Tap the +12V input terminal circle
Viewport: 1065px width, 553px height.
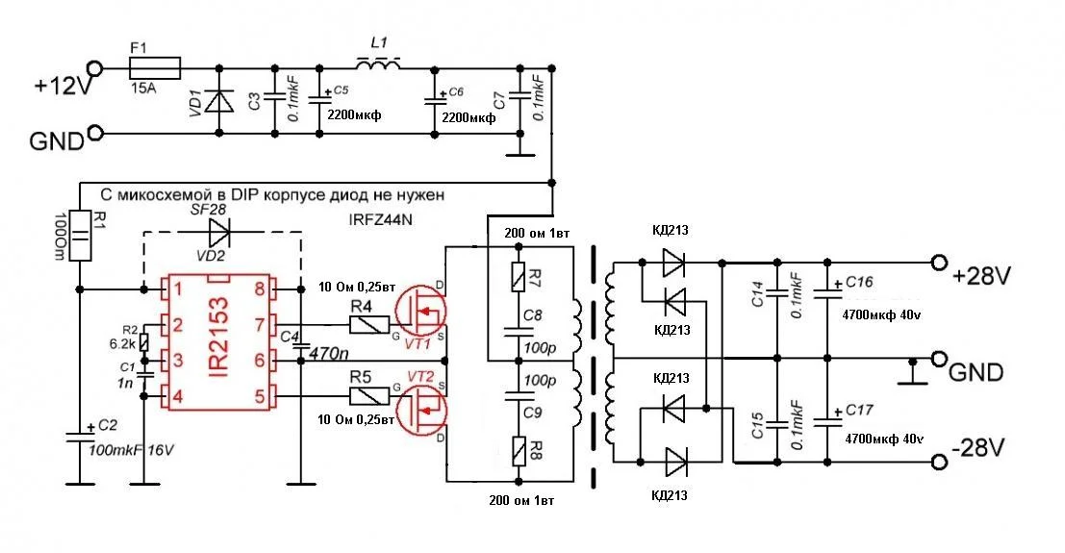(94, 68)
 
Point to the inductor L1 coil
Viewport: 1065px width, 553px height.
(378, 65)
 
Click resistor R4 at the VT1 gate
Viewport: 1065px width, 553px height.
(367, 326)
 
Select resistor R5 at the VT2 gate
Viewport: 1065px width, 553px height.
(367, 394)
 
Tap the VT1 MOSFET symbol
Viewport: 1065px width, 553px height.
(421, 314)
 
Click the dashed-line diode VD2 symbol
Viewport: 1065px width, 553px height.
(220, 231)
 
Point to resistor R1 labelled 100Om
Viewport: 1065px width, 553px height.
(81, 236)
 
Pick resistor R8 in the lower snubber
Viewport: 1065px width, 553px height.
(520, 450)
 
